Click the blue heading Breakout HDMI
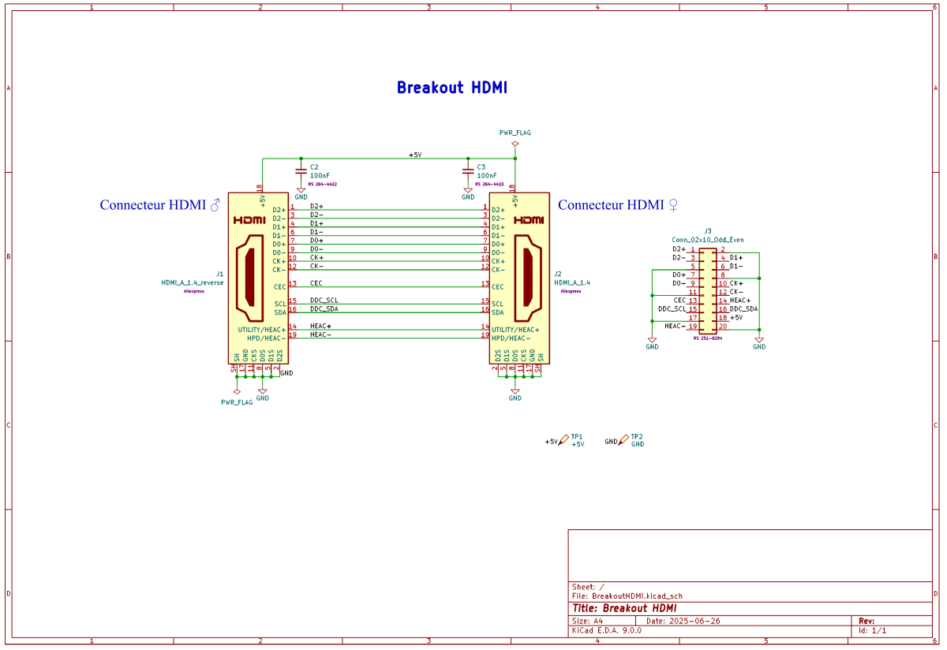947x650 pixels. point(451,88)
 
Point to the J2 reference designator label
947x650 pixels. point(558,274)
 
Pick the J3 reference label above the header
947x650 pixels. point(708,231)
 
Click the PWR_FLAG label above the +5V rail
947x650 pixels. point(515,133)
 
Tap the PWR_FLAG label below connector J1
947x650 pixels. point(237,402)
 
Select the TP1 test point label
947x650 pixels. point(577,436)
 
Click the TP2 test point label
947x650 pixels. point(637,436)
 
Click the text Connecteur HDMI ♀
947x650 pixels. point(618,205)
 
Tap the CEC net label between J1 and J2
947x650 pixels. point(316,283)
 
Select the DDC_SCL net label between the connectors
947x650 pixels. point(324,301)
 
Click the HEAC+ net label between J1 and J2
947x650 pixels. point(320,326)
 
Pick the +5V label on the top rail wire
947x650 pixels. point(415,155)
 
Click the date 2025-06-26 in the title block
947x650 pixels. point(694,621)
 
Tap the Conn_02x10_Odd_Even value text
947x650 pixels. point(707,240)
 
